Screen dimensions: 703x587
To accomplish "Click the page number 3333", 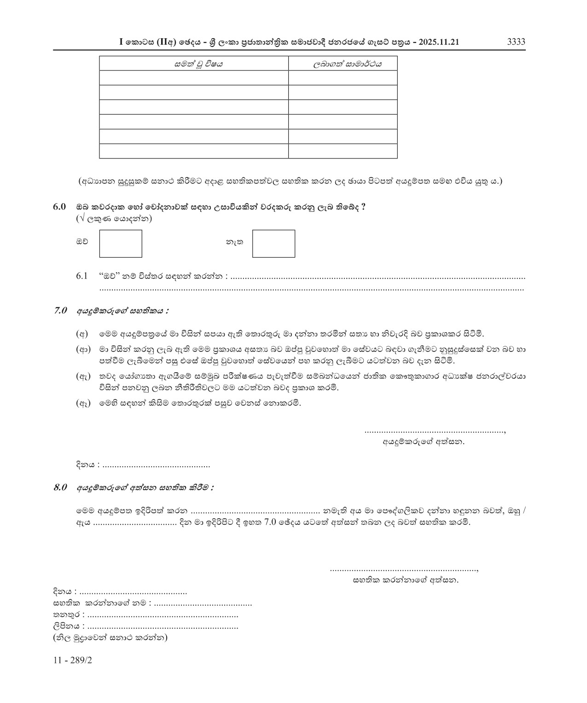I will click(516, 42).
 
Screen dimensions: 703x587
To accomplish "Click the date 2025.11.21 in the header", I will click(439, 42).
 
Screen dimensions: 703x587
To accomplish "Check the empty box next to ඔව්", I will click(121, 244).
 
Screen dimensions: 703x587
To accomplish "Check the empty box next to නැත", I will click(273, 244).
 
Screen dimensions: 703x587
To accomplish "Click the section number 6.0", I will click(60, 207).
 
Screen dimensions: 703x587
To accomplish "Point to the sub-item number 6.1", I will click(82, 276).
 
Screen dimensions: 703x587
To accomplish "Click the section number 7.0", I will click(61, 311).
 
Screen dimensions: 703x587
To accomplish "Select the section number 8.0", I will click(61, 487).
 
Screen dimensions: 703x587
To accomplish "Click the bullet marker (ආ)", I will click(82, 350).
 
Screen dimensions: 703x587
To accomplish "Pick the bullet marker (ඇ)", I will click(82, 376).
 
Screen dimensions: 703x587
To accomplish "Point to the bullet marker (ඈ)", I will click(82, 403).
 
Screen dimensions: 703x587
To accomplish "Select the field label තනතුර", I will click(66, 615).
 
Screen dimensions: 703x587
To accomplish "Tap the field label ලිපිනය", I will click(67, 627).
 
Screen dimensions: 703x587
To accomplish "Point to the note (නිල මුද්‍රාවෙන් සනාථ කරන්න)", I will click(110, 638).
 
